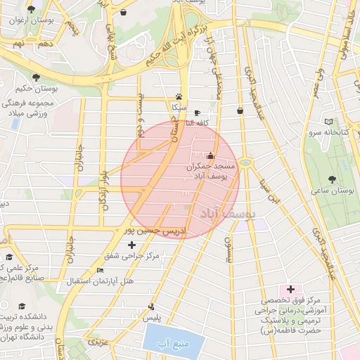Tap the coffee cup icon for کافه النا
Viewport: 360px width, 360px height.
point(197,112)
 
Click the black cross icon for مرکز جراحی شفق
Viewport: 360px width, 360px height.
point(131,245)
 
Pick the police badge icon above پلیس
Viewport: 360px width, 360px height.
point(151,307)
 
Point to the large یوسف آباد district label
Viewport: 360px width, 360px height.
point(229,212)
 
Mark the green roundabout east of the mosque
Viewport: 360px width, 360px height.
point(245,162)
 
